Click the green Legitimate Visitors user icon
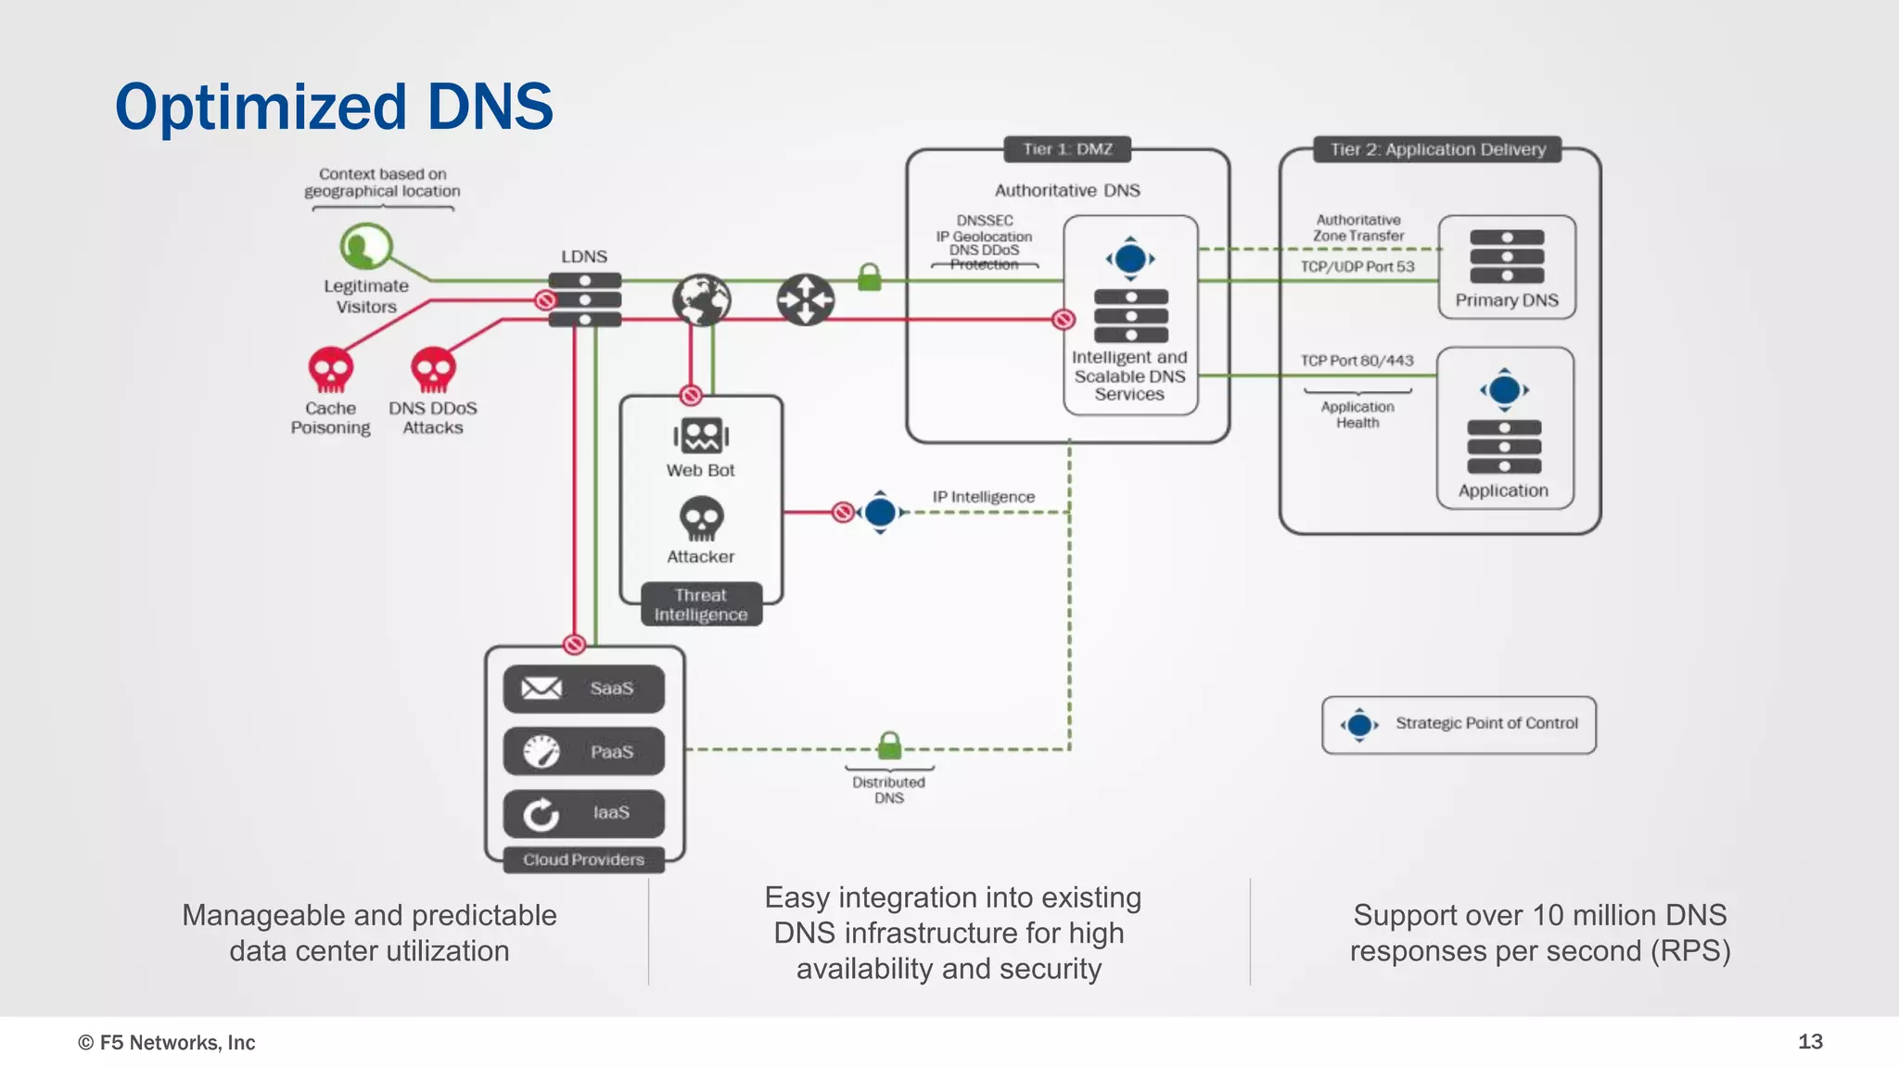coord(364,247)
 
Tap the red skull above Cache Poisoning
coord(330,370)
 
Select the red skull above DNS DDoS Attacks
coord(433,370)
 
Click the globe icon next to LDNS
coord(701,300)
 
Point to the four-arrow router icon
coord(805,299)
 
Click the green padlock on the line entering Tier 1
coord(869,277)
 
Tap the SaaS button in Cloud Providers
coord(583,689)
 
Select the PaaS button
coord(583,751)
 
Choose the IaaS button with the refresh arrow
coord(583,813)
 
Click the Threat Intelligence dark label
coord(701,604)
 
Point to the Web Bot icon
coord(701,435)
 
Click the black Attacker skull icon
coord(701,518)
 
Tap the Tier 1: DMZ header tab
coord(1067,149)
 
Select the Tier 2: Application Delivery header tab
coord(1437,149)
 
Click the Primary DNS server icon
coord(1507,257)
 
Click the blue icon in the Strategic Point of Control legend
coord(1359,725)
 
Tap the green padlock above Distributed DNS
coord(889,744)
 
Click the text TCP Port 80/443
coord(1357,361)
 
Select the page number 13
coord(1810,1041)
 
